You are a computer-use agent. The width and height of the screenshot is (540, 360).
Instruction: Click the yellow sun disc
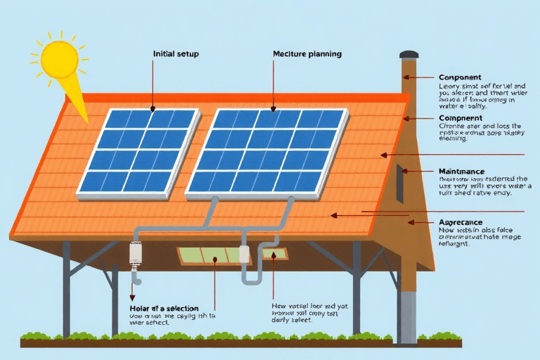59,58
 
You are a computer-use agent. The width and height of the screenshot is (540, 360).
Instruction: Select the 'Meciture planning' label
307,53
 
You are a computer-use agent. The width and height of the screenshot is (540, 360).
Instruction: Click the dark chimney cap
409,54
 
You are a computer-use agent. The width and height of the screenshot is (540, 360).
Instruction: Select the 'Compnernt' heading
461,118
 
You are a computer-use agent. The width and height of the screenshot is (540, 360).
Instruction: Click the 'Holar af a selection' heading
164,309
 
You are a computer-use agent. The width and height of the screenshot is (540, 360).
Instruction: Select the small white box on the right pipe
245,255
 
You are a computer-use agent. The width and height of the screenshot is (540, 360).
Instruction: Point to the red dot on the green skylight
214,259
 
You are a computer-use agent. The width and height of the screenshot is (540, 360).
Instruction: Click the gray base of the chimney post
408,316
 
